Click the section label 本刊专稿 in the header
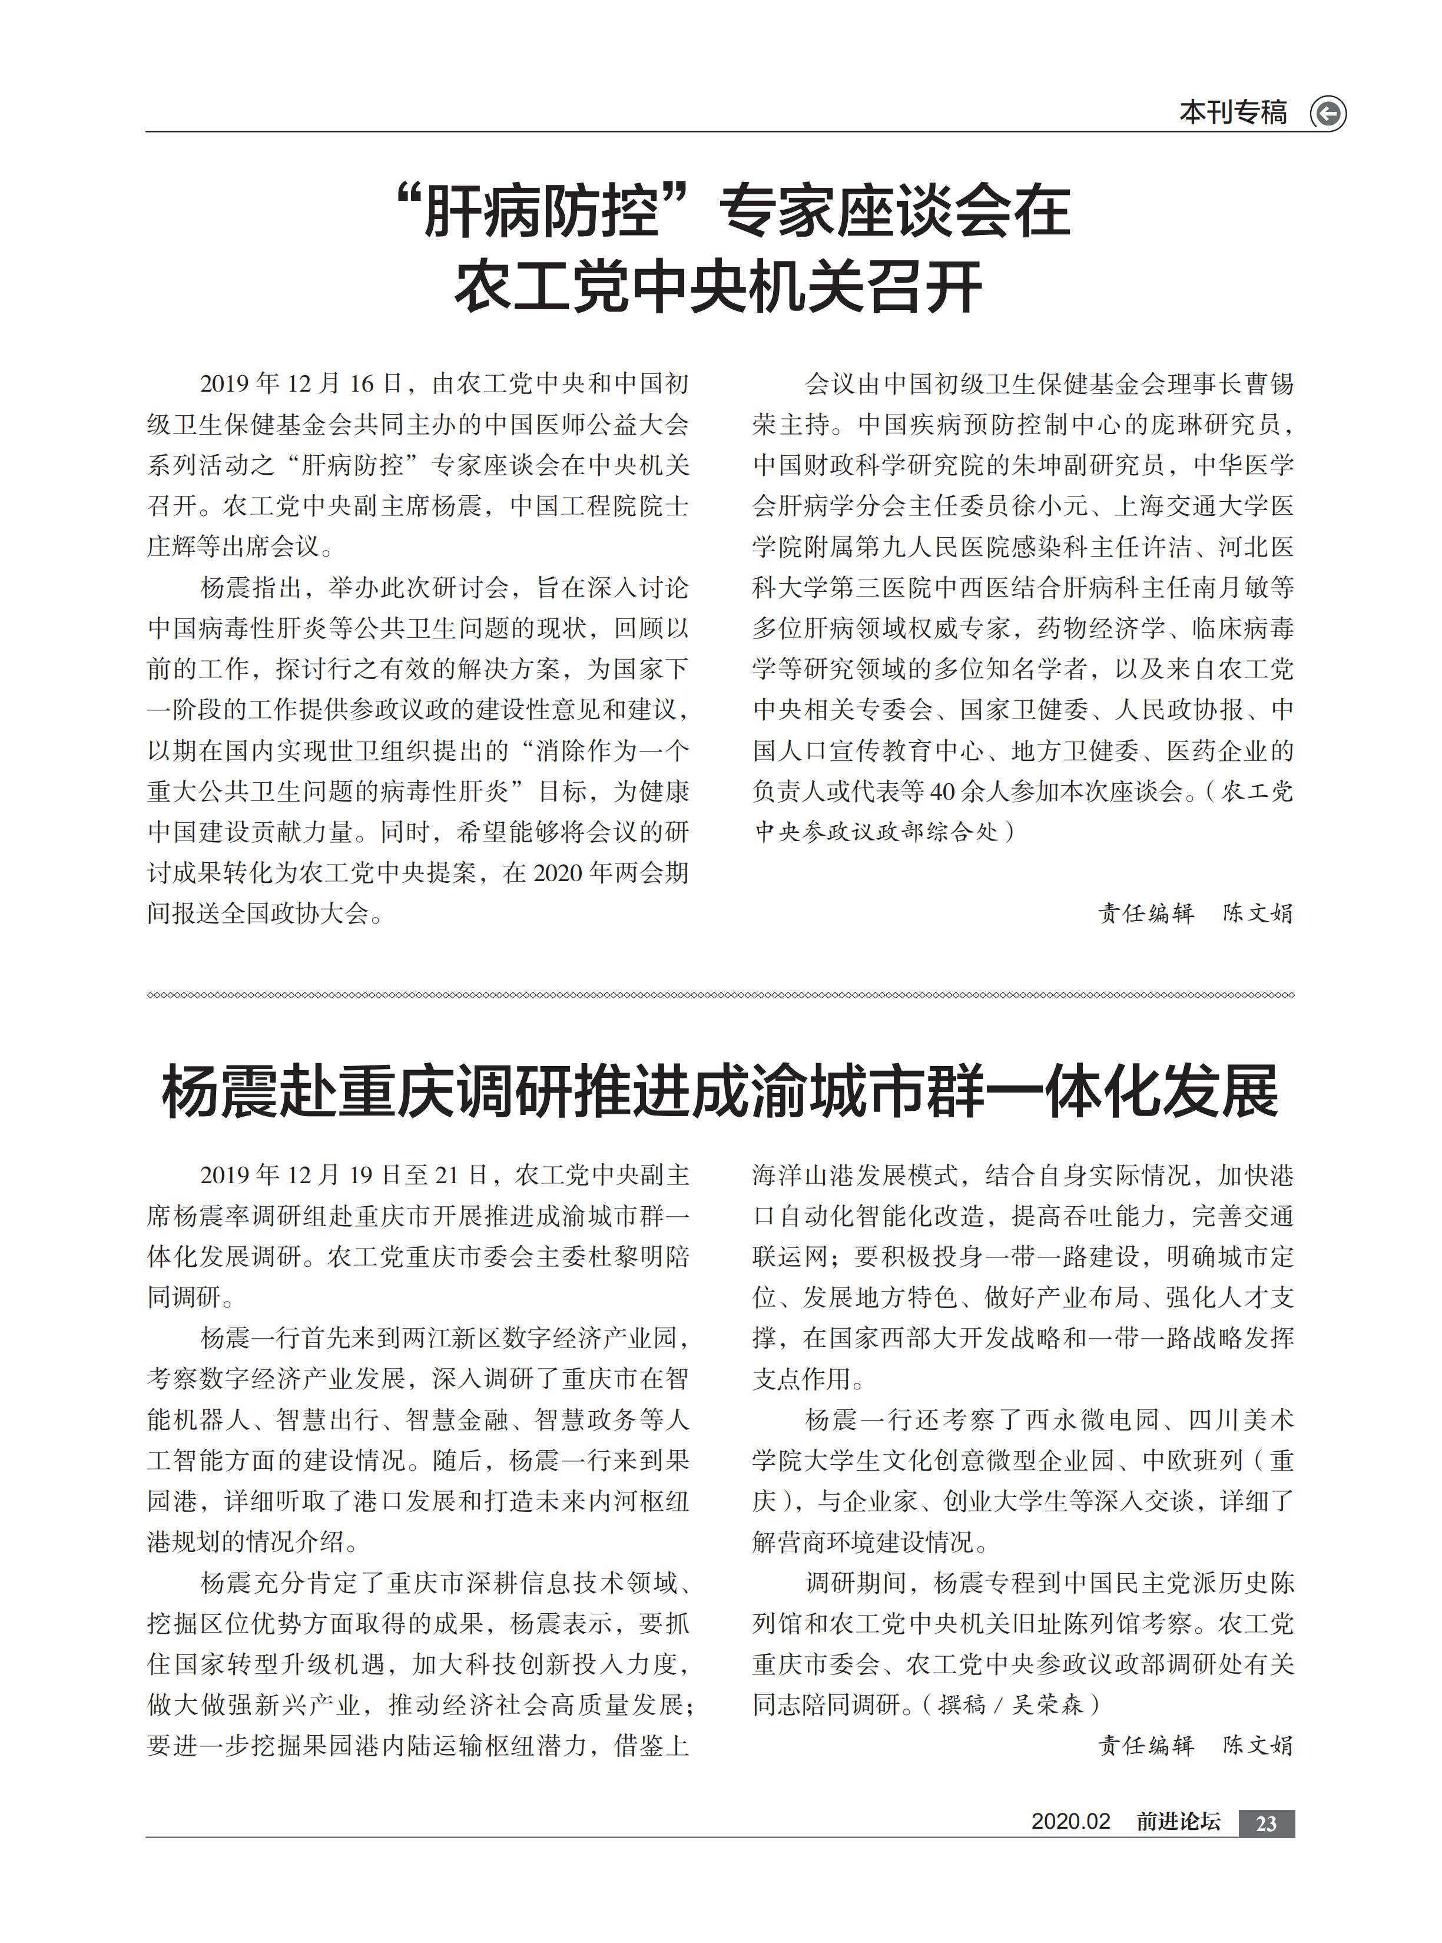tap(1232, 114)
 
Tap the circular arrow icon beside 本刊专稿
tap(1328, 114)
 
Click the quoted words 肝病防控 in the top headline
tap(541, 211)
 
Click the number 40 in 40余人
tap(942, 792)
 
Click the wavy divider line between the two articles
tap(720, 995)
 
